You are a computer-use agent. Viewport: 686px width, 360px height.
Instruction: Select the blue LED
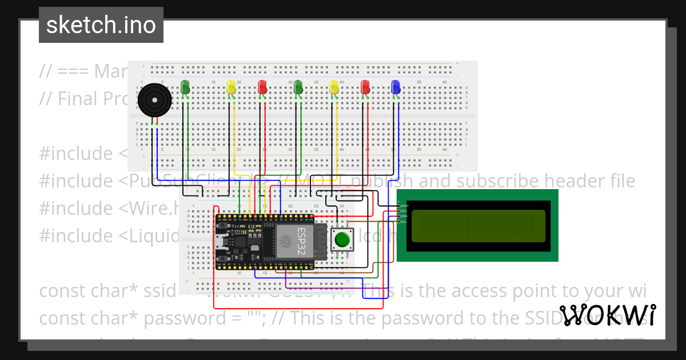point(395,87)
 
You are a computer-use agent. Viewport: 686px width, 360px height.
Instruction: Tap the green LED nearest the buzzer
point(185,87)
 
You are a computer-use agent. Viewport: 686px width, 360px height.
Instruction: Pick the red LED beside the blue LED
point(365,87)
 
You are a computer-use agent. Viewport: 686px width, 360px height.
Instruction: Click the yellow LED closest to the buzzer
point(231,87)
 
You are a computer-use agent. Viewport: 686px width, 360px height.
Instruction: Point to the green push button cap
point(342,239)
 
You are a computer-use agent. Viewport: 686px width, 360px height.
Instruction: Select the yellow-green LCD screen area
point(478,225)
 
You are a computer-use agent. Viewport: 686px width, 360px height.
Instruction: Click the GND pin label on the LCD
point(404,205)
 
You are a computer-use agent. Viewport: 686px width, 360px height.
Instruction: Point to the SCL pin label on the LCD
point(404,222)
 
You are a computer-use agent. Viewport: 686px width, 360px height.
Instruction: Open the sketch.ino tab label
point(101,25)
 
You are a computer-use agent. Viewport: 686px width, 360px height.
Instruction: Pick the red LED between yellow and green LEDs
point(262,87)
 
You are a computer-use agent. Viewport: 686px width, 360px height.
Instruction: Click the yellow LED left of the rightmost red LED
point(334,87)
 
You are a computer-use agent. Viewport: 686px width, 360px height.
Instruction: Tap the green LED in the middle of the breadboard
point(298,87)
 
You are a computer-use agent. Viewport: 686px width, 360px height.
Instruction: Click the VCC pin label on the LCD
point(404,211)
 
